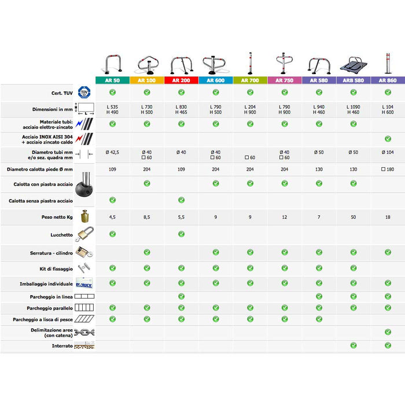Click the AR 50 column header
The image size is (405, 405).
pyautogui.click(x=112, y=80)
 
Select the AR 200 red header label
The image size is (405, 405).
pyautogui.click(x=181, y=80)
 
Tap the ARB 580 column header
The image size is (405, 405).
pyautogui.click(x=354, y=80)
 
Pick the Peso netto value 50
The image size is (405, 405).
pyautogui.click(x=354, y=217)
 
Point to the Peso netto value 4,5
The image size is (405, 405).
pyautogui.click(x=112, y=217)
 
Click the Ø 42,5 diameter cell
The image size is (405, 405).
pyautogui.click(x=112, y=152)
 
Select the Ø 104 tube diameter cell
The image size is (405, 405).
pyautogui.click(x=388, y=152)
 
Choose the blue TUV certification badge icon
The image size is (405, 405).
pyautogui.click(x=84, y=93)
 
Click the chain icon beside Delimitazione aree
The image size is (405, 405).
pyautogui.click(x=84, y=333)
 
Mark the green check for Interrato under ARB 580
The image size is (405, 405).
pyautogui.click(x=354, y=345)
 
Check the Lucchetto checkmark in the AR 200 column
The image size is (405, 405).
pyautogui.click(x=181, y=234)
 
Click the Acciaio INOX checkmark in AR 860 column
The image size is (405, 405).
pyautogui.click(x=388, y=139)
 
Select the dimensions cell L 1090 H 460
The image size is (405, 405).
pyautogui.click(x=354, y=109)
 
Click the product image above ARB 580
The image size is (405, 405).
pyautogui.click(x=354, y=64)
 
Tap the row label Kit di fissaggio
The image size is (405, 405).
pyautogui.click(x=57, y=269)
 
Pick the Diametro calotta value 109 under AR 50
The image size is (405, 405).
pyautogui.click(x=112, y=169)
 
